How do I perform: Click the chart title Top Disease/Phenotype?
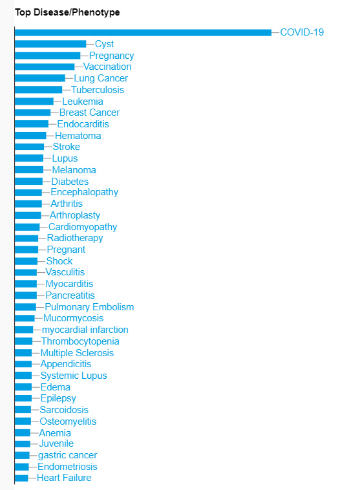(x=67, y=12)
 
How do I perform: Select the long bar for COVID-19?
(x=143, y=32)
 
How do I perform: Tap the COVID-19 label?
(x=302, y=32)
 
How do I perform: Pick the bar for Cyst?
(x=50, y=44)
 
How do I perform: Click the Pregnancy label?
(x=112, y=56)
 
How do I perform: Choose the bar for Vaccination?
(x=45, y=67)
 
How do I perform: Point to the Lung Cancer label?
(x=101, y=78)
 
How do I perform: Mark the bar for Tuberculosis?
(x=38, y=90)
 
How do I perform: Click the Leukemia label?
(x=83, y=101)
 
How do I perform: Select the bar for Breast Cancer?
(x=33, y=113)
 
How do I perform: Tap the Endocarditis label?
(x=83, y=124)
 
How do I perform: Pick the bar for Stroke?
(x=29, y=147)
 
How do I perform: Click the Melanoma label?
(x=74, y=170)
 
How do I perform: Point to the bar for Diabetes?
(x=28, y=182)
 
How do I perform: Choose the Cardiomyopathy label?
(x=83, y=227)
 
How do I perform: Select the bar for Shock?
(x=26, y=261)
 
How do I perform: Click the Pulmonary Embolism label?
(x=89, y=307)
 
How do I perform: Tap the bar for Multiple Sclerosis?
(x=23, y=353)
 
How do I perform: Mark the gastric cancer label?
(x=67, y=455)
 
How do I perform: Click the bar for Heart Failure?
(x=21, y=478)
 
